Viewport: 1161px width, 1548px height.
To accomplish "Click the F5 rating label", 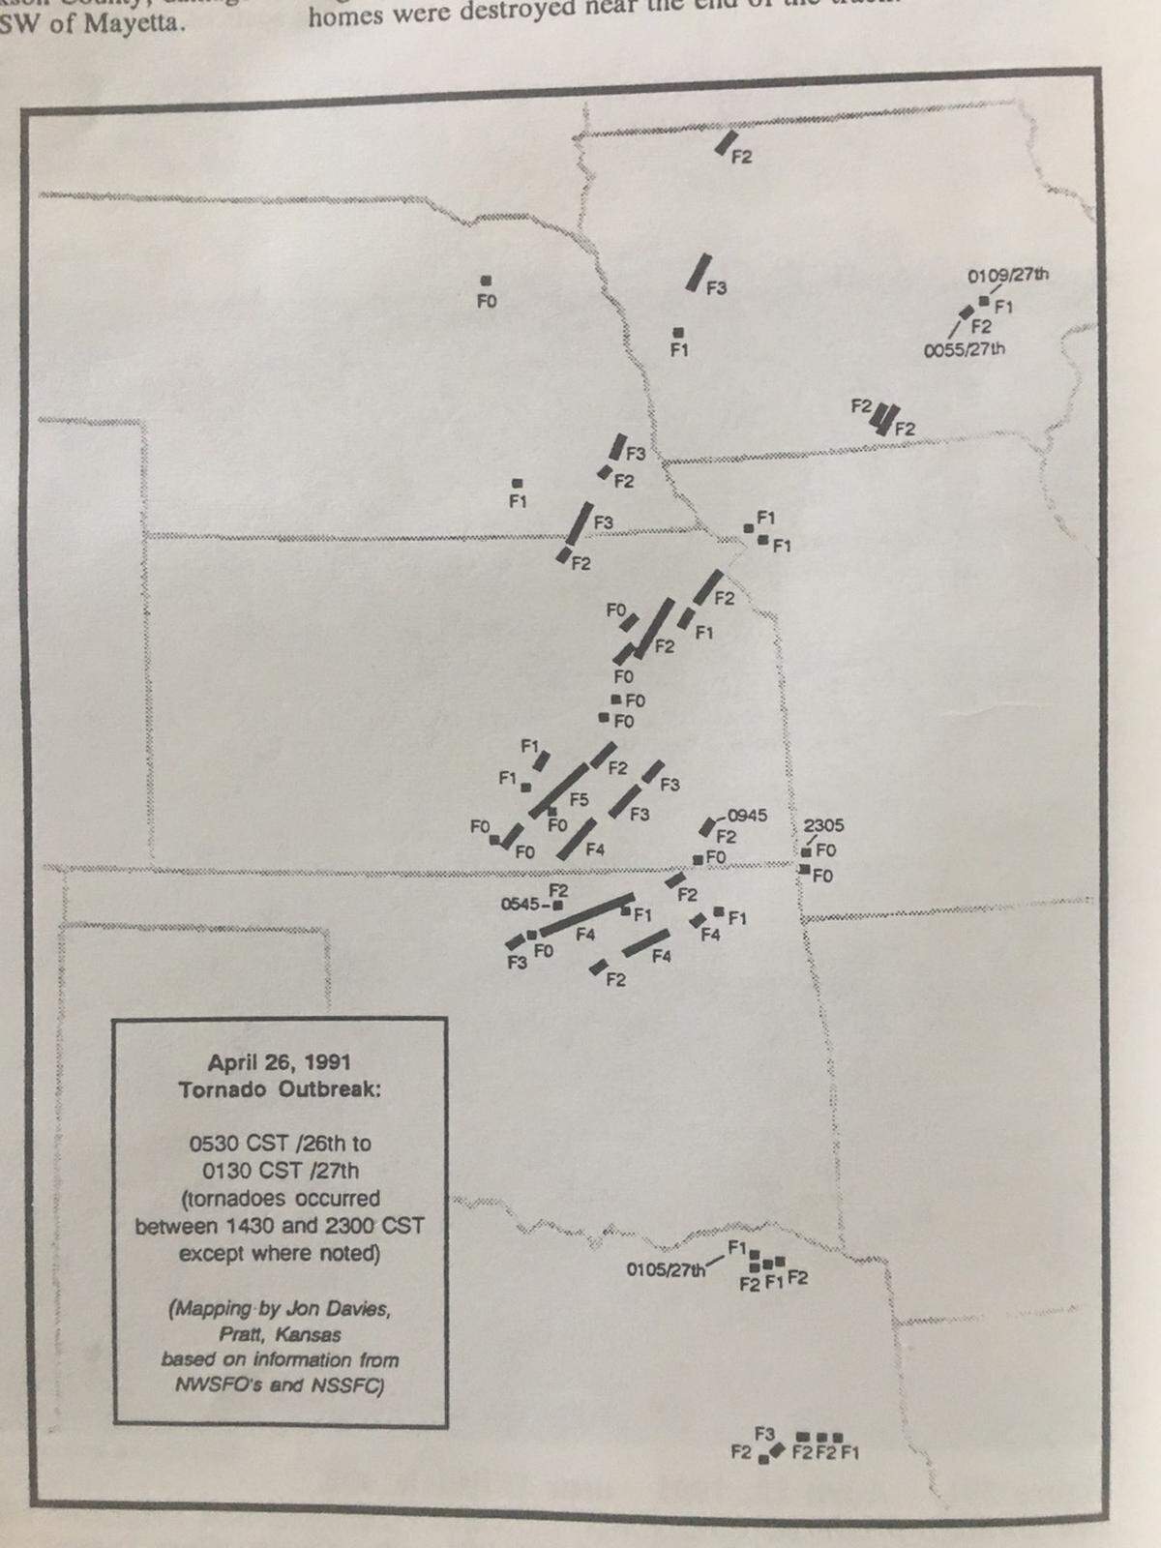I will click(579, 799).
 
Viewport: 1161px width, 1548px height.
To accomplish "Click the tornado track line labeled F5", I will click(558, 789).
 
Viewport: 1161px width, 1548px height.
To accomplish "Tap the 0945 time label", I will click(746, 816).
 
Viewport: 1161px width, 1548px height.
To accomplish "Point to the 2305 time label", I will click(823, 825).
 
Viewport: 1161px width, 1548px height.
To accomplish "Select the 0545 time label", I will click(521, 905).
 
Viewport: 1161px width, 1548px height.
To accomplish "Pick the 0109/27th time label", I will click(1008, 275).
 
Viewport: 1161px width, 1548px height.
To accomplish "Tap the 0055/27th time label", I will click(964, 348).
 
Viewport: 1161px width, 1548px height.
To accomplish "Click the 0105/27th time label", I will click(666, 1269).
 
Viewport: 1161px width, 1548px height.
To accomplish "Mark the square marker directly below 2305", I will click(806, 851).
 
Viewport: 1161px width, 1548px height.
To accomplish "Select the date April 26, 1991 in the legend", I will click(280, 1062).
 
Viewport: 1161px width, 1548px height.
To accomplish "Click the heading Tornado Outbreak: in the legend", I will click(280, 1089).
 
